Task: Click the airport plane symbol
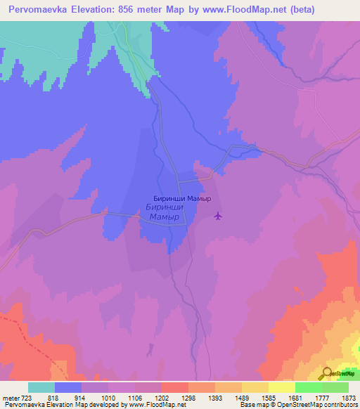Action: click(x=218, y=216)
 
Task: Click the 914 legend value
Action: click(x=79, y=397)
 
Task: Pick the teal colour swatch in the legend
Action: click(x=41, y=387)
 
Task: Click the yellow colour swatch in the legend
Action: click(x=281, y=387)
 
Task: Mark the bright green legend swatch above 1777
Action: click(x=308, y=387)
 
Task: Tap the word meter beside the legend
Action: click(x=11, y=397)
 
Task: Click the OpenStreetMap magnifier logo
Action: click(x=326, y=374)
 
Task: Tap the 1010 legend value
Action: click(x=106, y=397)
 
